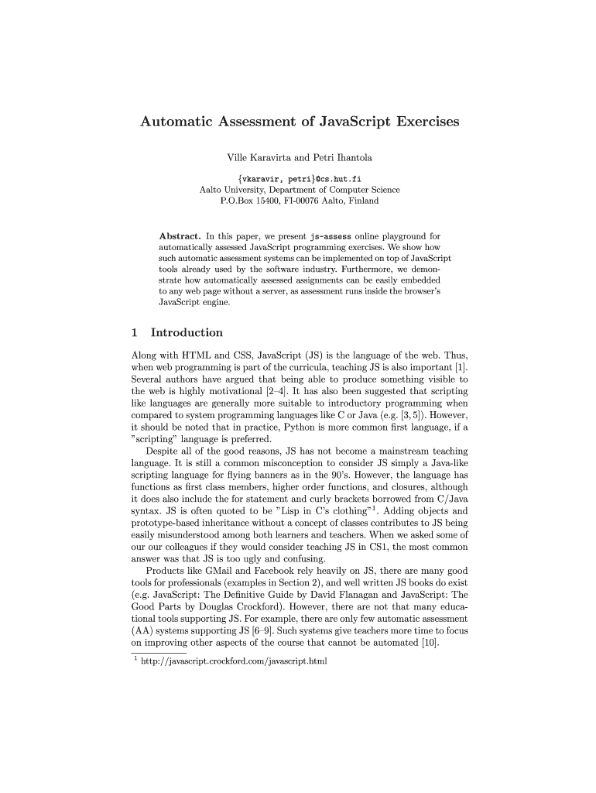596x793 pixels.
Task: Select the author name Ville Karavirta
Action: click(x=256, y=158)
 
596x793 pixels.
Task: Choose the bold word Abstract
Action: click(x=180, y=235)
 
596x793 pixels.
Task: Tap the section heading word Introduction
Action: click(x=187, y=332)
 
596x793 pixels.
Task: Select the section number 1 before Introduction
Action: click(x=135, y=332)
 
